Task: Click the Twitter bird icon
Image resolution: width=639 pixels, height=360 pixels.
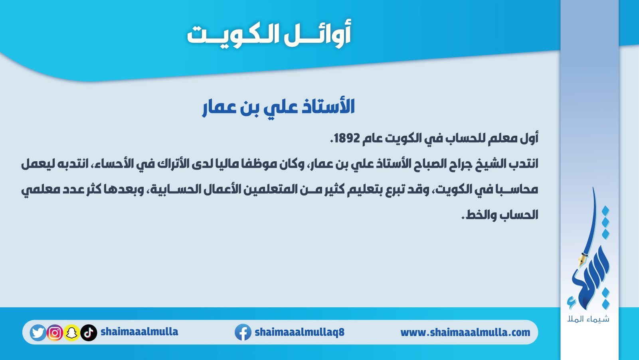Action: click(x=38, y=332)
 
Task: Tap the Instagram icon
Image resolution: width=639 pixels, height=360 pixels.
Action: click(x=55, y=332)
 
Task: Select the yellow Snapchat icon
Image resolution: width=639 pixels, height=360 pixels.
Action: click(x=71, y=332)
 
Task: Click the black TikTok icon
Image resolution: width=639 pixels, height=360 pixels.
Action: click(x=89, y=332)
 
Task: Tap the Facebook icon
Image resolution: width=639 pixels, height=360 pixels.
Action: click(x=243, y=332)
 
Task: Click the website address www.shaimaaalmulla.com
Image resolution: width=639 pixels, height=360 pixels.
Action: click(x=465, y=332)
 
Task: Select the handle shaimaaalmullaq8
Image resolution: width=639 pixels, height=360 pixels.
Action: click(x=299, y=332)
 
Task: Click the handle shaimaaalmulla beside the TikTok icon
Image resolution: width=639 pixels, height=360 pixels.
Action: click(x=140, y=332)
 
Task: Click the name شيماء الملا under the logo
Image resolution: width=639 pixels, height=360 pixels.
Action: click(x=588, y=319)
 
